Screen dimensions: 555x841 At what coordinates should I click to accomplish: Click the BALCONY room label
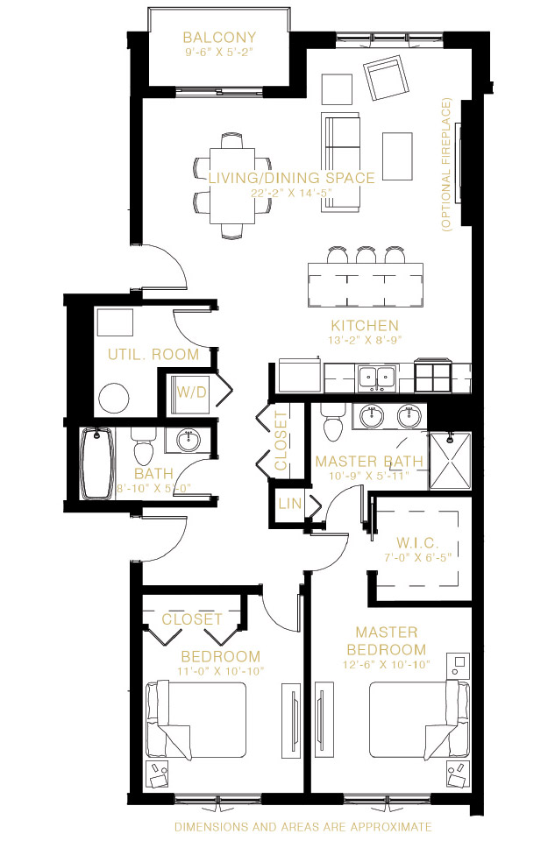[219, 38]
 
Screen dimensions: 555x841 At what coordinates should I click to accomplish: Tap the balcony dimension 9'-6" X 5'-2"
[219, 52]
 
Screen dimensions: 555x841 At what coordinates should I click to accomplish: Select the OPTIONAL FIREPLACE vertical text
[446, 165]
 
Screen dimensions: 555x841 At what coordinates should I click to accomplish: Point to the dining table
[231, 186]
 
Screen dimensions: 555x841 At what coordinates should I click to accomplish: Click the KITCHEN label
[365, 326]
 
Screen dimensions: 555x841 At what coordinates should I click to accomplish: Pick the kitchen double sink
[377, 378]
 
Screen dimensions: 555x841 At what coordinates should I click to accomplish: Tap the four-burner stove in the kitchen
[432, 377]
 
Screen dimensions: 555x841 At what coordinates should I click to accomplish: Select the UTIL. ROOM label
[153, 355]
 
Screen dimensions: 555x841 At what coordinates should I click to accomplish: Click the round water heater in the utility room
[114, 398]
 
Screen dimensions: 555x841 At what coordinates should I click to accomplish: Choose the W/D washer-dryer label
[192, 392]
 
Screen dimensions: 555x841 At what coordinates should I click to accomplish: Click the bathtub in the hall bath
[96, 463]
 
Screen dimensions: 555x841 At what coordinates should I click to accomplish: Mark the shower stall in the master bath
[450, 461]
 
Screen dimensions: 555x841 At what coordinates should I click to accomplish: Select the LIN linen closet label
[290, 504]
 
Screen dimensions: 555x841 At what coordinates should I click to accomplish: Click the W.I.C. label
[417, 543]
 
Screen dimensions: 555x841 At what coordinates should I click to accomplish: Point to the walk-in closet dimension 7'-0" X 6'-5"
[417, 557]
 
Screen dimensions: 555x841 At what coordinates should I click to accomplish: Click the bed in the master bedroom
[419, 720]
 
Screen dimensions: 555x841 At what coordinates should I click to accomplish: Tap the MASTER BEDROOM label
[387, 641]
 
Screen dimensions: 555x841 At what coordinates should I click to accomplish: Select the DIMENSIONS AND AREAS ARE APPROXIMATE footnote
[303, 827]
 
